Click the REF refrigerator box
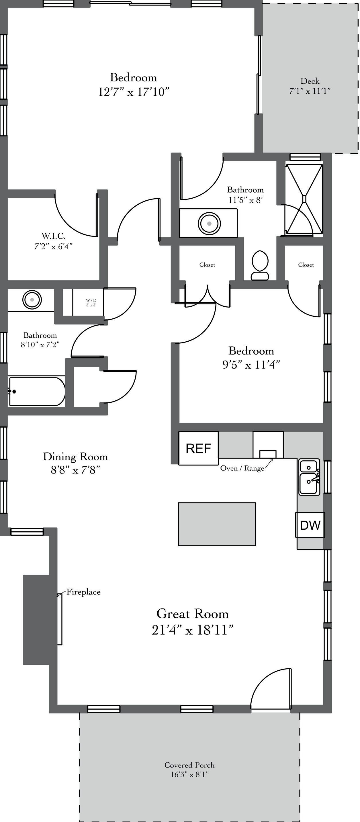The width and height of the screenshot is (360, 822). tap(199, 448)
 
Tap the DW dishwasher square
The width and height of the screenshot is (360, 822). tap(310, 524)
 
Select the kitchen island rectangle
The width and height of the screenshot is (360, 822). tap(217, 524)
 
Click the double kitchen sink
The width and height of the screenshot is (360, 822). tap(309, 477)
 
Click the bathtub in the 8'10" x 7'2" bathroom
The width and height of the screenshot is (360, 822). tap(37, 391)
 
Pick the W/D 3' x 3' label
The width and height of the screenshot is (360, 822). tap(91, 302)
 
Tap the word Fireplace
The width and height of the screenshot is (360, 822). tap(83, 592)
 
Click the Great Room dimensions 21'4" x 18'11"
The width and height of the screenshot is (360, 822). tap(192, 630)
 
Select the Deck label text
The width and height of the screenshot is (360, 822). tap(310, 81)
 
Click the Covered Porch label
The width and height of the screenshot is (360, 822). tap(189, 765)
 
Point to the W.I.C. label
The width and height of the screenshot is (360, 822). tap(53, 236)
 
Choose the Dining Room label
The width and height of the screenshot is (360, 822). tap(75, 457)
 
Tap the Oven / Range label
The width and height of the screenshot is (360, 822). tap(242, 468)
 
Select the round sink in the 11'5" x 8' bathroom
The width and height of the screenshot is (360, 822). tap(209, 223)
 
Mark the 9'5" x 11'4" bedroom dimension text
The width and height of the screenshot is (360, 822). tap(251, 364)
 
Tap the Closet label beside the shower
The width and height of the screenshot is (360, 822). tap(306, 265)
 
